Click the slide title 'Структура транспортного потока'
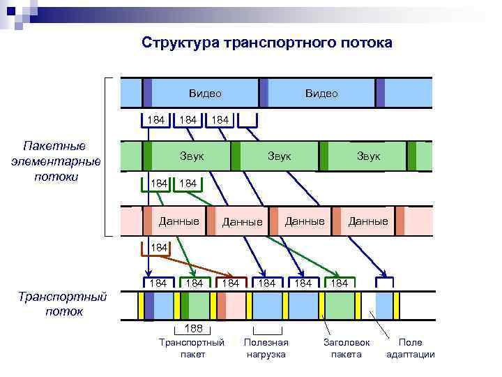[267, 43]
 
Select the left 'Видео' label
[205, 93]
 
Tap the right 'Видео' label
[321, 93]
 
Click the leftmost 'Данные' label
[179, 221]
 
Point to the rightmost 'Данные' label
[367, 221]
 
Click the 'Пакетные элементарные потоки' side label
[55, 161]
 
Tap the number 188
[193, 329]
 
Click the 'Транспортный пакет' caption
[192, 348]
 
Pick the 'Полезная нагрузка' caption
[266, 348]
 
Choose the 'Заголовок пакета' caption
[347, 348]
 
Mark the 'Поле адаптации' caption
[410, 348]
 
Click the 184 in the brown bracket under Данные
[159, 247]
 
